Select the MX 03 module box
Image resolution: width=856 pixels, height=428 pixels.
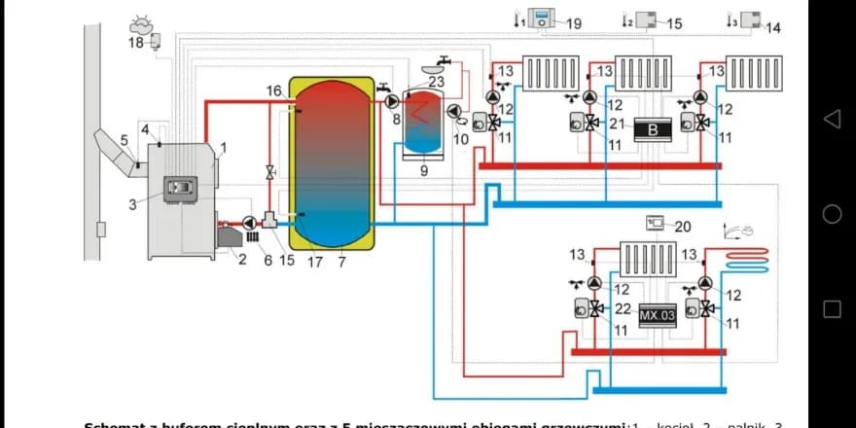657,316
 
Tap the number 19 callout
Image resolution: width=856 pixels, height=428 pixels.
574,23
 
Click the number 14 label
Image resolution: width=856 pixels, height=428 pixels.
772,28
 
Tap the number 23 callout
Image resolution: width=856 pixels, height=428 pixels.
436,83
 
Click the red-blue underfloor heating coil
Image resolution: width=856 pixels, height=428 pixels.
748,260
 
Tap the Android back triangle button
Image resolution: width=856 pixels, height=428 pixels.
832,119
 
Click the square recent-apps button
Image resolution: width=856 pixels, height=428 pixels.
832,308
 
